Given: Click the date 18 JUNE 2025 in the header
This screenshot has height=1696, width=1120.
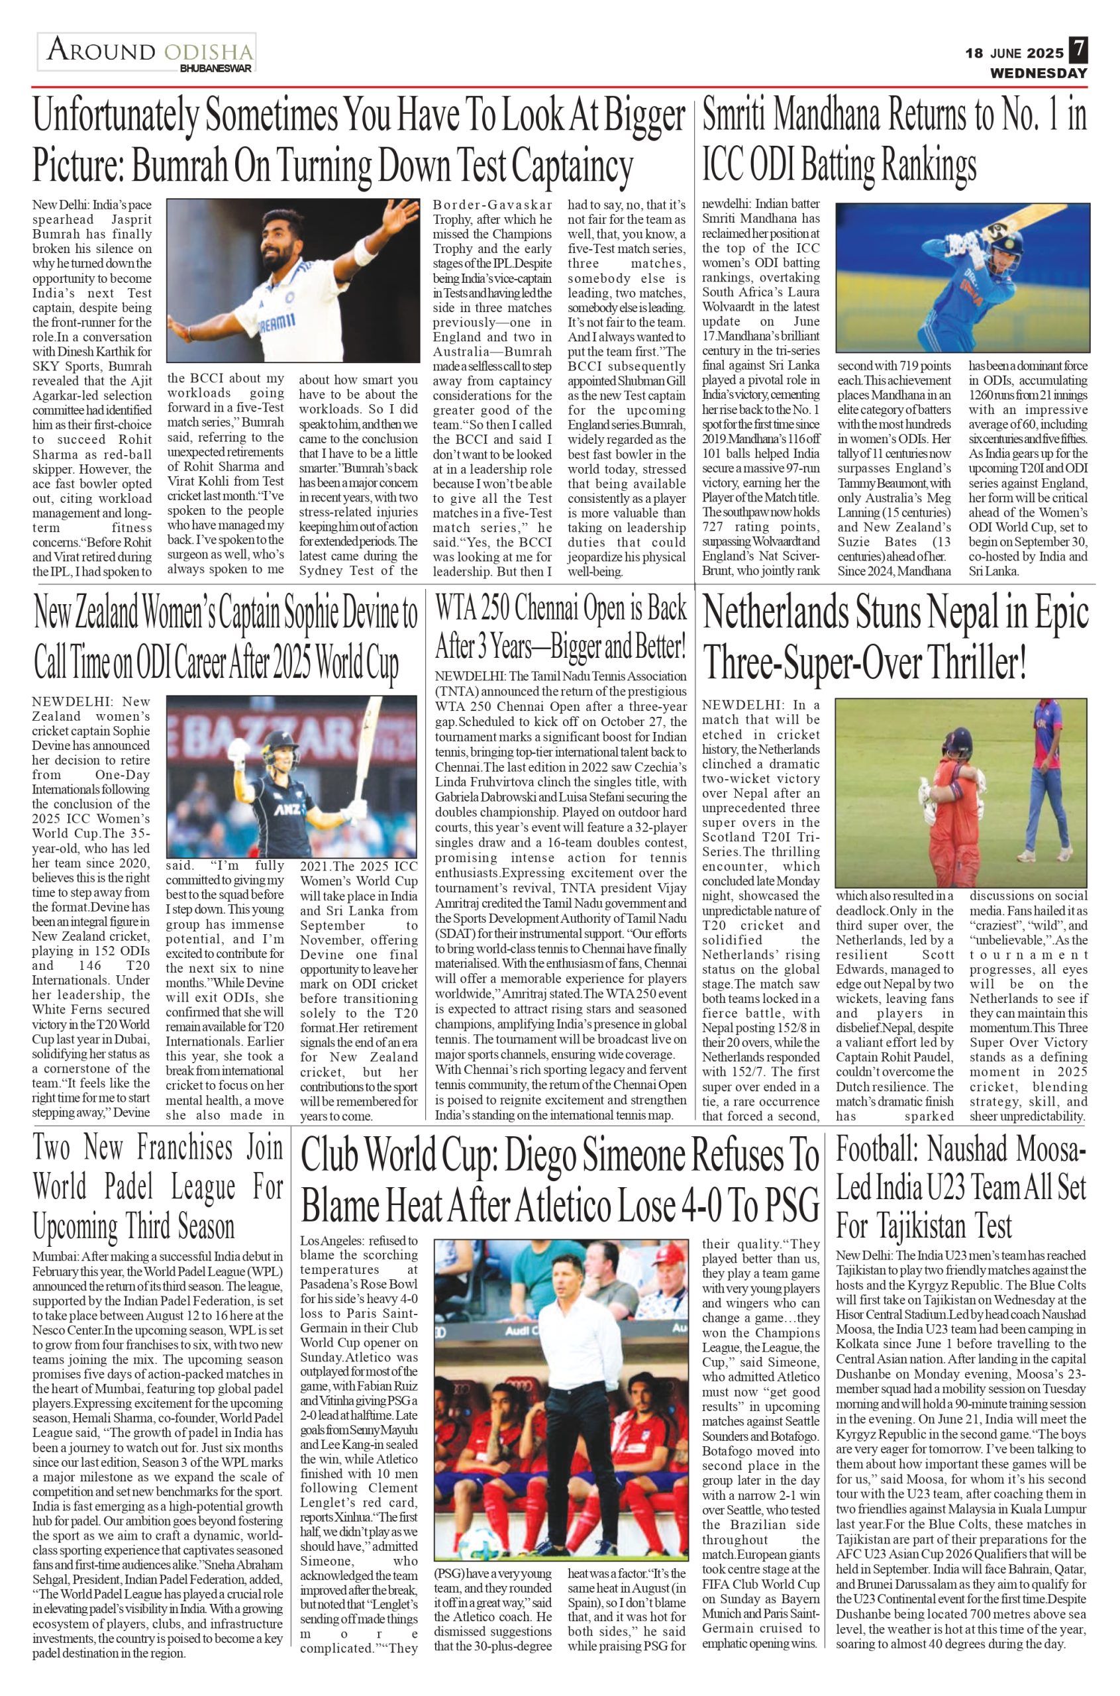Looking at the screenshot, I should [1014, 53].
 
